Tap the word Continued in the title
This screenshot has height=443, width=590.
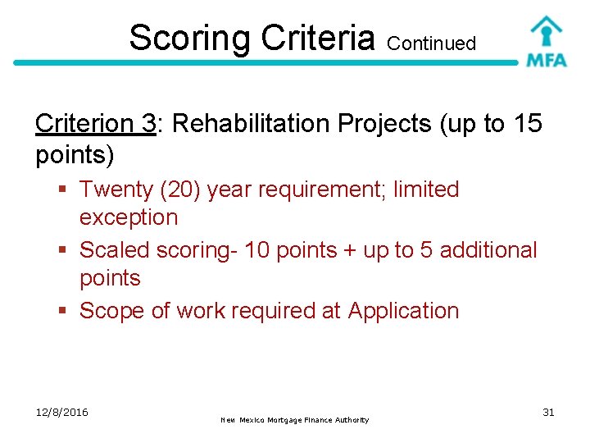pos(432,43)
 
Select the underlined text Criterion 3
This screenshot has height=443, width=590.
pos(96,124)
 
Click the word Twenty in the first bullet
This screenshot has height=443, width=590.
pos(117,190)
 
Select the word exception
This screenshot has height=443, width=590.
pos(129,217)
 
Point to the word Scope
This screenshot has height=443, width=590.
pos(111,311)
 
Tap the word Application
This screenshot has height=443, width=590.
pos(403,312)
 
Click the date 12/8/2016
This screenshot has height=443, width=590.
pos(62,412)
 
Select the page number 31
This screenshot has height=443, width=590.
pos(548,412)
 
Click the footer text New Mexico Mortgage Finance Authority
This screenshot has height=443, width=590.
pos(295,420)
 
